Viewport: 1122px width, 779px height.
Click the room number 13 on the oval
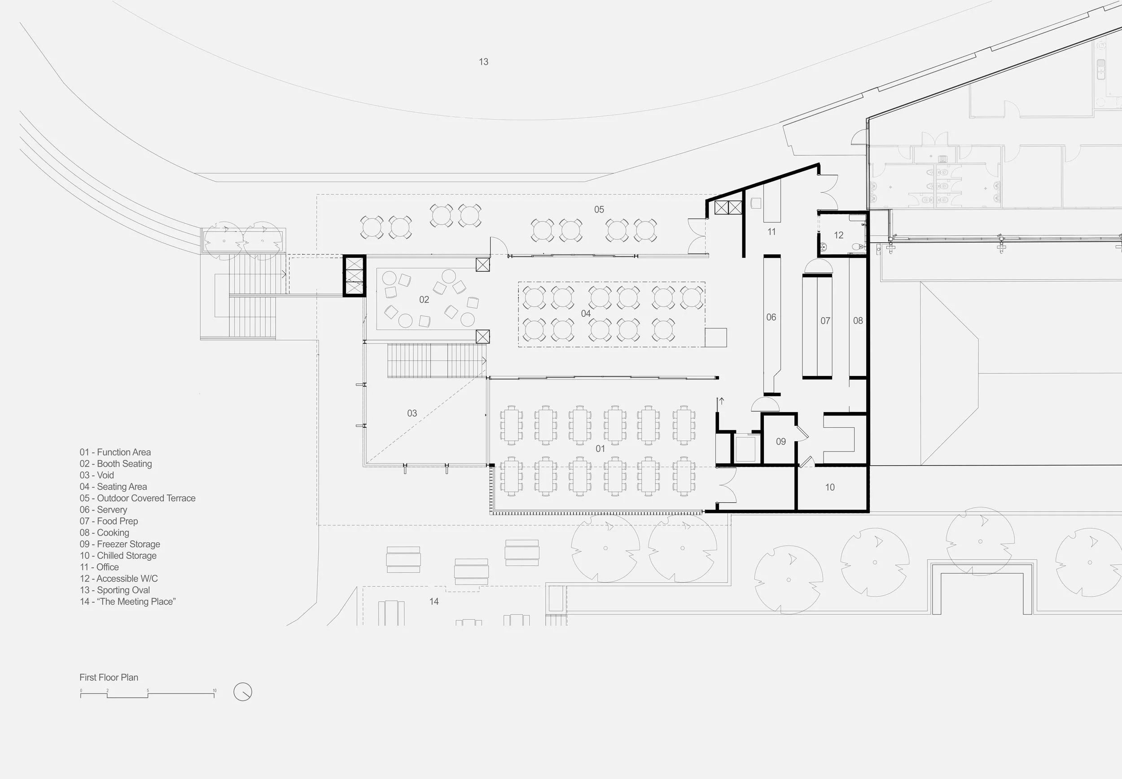click(x=483, y=62)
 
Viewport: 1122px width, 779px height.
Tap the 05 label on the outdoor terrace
click(x=599, y=209)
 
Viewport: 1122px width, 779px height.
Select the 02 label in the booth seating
click(x=424, y=300)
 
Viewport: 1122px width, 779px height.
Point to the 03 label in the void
click(x=412, y=413)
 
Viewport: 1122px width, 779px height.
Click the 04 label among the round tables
click(x=586, y=314)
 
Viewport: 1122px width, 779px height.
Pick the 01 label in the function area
click(x=600, y=448)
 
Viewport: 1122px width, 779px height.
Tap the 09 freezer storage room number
click(x=780, y=442)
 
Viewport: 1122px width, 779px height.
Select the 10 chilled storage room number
click(x=829, y=487)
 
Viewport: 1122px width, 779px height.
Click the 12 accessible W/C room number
click(x=838, y=235)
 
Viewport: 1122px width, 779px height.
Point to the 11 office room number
click(x=771, y=232)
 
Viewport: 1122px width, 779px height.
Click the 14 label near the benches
click(x=434, y=602)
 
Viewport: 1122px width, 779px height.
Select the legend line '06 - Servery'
click(x=103, y=509)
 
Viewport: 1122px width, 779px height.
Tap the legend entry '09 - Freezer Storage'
click(x=120, y=544)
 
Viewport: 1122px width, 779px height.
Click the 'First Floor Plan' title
click(x=109, y=677)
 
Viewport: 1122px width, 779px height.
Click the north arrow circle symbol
click(x=242, y=692)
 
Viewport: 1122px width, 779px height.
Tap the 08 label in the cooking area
click(x=858, y=321)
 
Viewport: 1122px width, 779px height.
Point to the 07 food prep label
click(x=824, y=321)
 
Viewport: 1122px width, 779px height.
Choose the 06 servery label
click(x=771, y=317)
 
